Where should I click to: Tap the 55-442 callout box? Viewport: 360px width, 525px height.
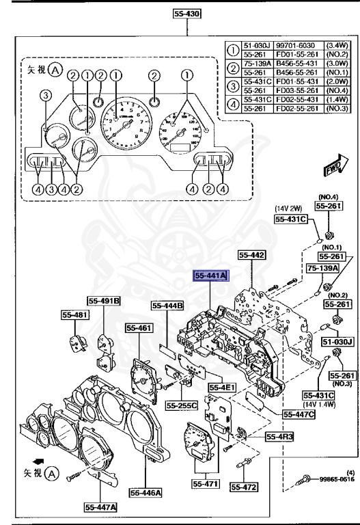(251, 255)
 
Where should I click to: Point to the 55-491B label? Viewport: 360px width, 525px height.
(104, 300)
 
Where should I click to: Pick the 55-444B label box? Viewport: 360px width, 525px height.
(168, 306)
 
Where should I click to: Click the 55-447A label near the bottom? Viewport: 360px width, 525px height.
(100, 507)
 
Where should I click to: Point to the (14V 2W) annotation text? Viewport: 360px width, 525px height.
(289, 208)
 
